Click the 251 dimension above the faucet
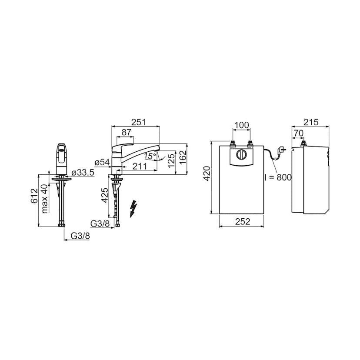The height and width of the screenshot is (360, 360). tap(138, 122)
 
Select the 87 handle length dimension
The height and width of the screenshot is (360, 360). tap(126, 132)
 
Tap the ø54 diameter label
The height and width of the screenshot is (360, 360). tap(102, 162)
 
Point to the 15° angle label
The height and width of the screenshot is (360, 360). tap(150, 157)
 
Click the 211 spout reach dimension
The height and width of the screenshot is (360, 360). tap(140, 166)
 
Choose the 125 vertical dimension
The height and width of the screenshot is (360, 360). tap(171, 160)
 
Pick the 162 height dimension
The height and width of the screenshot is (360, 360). tap(183, 157)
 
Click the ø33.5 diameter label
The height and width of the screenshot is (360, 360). tap(83, 173)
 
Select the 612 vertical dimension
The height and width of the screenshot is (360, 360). tap(34, 196)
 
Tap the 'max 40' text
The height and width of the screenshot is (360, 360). tap(45, 199)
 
